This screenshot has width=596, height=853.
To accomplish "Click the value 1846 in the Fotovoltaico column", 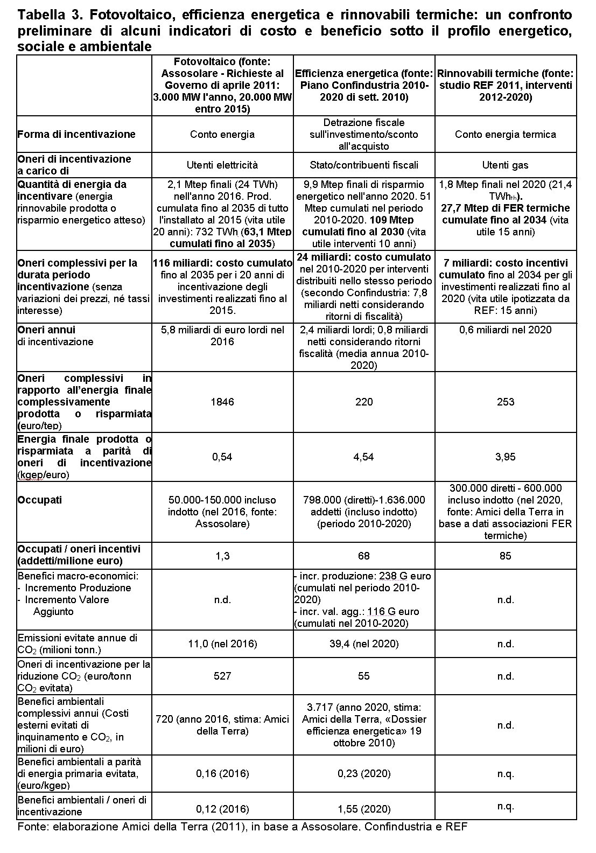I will coord(222,402).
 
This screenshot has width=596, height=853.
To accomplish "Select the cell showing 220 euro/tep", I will coord(364,402).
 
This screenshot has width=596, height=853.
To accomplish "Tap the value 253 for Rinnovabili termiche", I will coord(506,402).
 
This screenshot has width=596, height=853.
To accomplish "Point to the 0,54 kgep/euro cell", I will coord(222,457).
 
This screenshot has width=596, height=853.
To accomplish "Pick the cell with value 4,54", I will coord(364,457).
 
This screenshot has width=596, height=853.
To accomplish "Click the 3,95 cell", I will coord(506,457).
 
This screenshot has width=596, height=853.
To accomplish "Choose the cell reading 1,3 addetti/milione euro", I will coord(222,556).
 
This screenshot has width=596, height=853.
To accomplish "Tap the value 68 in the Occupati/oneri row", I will coord(364,556).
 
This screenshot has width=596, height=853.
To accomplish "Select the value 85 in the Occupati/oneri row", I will coord(506,556).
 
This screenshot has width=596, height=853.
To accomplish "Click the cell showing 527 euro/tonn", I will coord(222,676).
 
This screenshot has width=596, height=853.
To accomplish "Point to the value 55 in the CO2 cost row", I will coord(364,676).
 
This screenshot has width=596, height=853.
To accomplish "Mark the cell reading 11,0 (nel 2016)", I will coord(222,644).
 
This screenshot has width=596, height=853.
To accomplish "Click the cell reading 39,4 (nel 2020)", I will coord(364,644).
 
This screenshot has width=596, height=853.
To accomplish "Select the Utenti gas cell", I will coord(506,165).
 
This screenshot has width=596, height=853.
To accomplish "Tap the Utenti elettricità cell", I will coord(222,165).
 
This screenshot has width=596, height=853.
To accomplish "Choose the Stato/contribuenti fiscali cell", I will coord(364,165).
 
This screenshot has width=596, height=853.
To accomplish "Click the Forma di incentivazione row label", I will coord(76,134).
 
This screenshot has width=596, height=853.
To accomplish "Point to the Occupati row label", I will coord(40,500).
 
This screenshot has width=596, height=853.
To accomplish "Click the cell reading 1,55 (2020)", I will coord(364,809).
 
